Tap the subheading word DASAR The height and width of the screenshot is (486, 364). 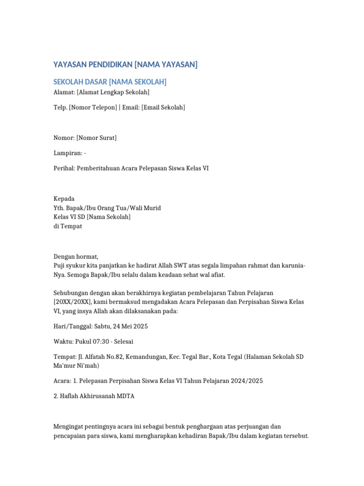(x=95, y=82)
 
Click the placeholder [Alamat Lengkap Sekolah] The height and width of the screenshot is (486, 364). (x=113, y=92)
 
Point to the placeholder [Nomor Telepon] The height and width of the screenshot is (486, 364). (x=93, y=107)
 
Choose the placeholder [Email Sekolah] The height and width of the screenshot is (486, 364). (x=163, y=107)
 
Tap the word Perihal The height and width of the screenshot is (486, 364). (x=64, y=168)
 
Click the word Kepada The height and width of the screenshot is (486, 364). (x=64, y=198)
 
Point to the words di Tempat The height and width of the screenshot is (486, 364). (x=68, y=226)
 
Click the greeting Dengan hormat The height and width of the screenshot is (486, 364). (x=76, y=257)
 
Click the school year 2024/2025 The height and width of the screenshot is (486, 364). (x=246, y=381)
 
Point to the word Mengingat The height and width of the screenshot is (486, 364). (x=70, y=426)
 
